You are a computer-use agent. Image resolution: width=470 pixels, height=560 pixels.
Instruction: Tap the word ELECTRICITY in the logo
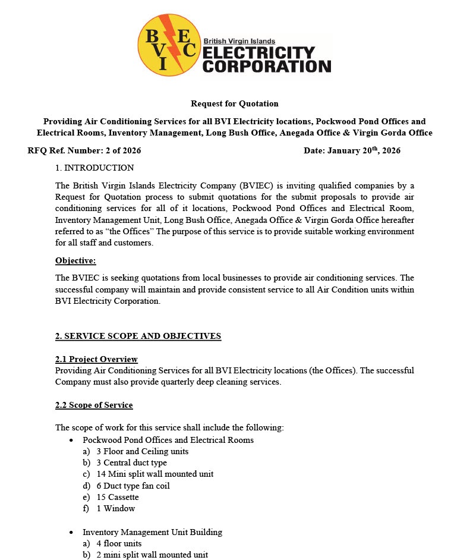[258, 53]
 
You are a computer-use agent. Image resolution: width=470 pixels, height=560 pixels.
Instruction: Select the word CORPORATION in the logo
[267, 65]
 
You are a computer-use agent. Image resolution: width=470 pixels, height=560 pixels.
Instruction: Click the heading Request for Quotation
[235, 103]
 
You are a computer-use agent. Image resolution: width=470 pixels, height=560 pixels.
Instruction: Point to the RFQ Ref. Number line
[84, 150]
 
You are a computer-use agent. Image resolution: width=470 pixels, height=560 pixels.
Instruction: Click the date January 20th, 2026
[371, 150]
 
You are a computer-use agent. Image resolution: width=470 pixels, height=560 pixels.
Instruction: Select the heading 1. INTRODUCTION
[94, 168]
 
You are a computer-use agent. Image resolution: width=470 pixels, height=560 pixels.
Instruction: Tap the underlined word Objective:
[75, 260]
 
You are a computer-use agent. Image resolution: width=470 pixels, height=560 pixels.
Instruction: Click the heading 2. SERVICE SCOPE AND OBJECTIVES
[138, 336]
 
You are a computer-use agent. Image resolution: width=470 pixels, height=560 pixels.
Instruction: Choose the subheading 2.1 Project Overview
[96, 359]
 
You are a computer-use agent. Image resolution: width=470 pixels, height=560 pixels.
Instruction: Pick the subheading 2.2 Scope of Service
[94, 405]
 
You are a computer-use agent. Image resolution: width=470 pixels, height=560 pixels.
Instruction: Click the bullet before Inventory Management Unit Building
[71, 532]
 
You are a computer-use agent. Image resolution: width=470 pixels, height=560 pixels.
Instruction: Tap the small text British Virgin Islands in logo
[243, 41]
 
